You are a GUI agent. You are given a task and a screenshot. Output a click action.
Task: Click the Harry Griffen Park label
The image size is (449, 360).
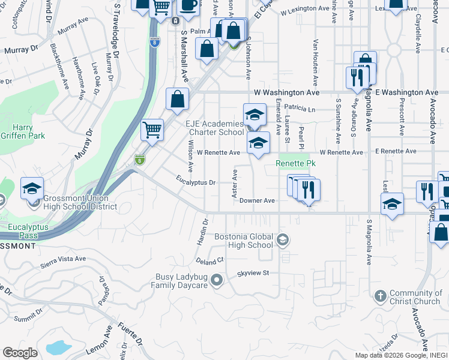pos(29,132)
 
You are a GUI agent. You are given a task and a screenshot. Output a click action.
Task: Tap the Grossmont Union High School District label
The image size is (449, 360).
pos(71,202)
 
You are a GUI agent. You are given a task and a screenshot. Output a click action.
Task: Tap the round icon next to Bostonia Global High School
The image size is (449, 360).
pos(282,241)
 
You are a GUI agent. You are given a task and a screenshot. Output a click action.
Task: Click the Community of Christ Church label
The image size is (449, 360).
pos(414,297)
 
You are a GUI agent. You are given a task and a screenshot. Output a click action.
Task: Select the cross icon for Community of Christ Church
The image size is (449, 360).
pos(380,296)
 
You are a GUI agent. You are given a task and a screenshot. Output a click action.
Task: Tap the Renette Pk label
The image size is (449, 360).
pos(295,163)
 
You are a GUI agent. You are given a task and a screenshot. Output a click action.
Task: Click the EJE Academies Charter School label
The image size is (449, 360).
pos(214,128)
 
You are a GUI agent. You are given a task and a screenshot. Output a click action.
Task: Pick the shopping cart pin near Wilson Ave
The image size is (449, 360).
pos(152,130)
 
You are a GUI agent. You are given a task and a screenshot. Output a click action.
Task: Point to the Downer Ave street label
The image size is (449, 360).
pos(257,201)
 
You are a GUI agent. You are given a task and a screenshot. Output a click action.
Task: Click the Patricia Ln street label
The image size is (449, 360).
pos(301,110)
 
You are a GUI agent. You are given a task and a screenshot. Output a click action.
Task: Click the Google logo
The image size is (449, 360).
pos(20,353)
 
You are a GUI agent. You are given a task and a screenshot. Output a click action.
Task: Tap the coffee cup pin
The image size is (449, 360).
pos(189,5)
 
